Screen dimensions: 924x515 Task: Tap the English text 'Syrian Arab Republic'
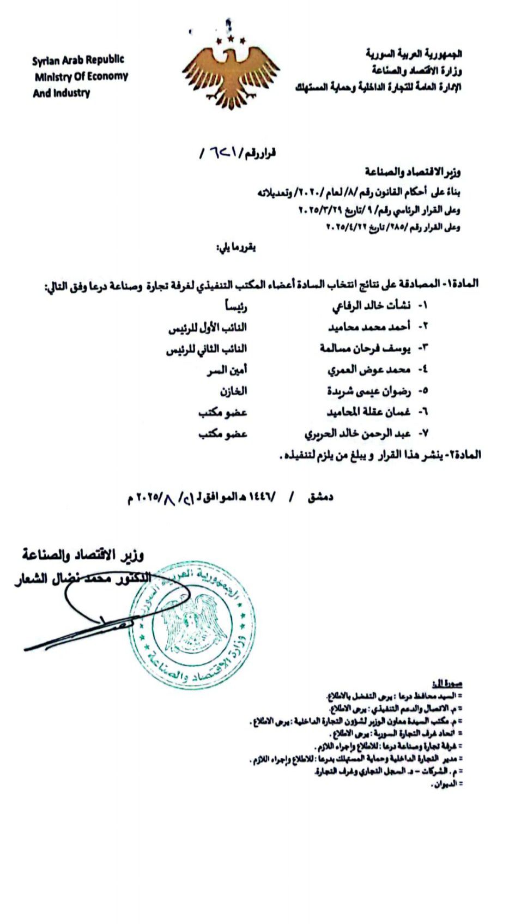coord(78,60)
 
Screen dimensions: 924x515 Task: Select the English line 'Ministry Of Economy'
coord(81,76)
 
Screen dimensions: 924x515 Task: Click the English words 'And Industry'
coord(61,93)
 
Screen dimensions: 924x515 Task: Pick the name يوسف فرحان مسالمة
coord(365,348)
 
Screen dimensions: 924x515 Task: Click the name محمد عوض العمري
coord(368,370)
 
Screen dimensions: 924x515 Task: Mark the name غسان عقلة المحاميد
coord(368,412)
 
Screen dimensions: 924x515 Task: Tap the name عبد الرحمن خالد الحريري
coord(357,434)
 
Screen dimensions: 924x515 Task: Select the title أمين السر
coord(227,370)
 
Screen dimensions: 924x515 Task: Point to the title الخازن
coord(233,391)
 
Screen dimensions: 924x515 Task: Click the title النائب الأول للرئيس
coord(207,327)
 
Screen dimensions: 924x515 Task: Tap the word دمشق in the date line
coord(320,497)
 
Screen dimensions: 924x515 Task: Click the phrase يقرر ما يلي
coord(237,247)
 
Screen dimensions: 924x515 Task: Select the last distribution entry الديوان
coord(445,784)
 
